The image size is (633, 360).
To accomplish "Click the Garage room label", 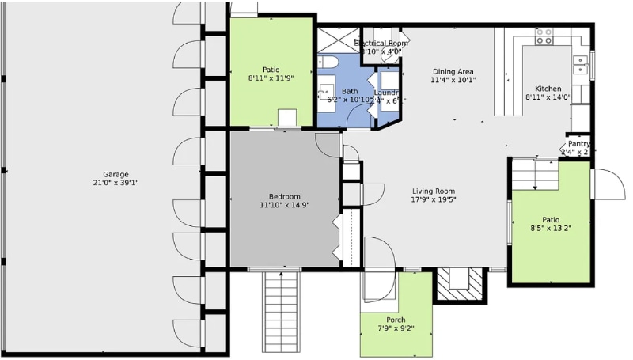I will [x=115, y=174].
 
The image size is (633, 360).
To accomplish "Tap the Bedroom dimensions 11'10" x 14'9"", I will [x=284, y=206].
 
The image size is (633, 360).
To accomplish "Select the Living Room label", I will [x=433, y=191].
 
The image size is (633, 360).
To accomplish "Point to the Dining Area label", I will [x=453, y=70].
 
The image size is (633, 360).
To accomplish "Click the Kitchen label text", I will [x=548, y=89].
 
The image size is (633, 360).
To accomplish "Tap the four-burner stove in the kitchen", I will [x=544, y=36].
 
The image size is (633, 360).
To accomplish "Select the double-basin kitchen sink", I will [x=582, y=64].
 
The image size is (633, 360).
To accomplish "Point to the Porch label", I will [x=396, y=320].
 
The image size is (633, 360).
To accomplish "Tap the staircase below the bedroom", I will [x=281, y=313].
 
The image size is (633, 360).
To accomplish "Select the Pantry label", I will [x=579, y=143].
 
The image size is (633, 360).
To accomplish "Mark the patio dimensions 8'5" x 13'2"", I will [x=551, y=229].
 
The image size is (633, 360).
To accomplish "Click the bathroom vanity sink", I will [x=325, y=93].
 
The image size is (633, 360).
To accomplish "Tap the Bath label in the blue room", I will [x=349, y=91].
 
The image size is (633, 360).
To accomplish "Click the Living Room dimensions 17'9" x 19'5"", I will [x=433, y=200].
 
